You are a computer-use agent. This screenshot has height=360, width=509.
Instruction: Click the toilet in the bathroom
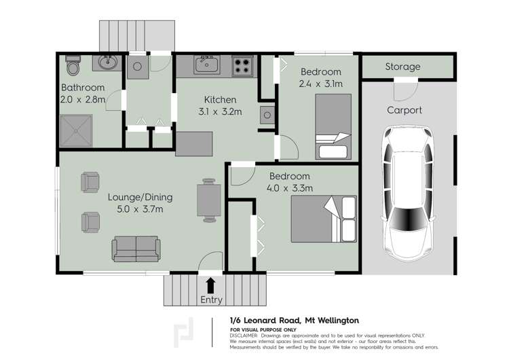click(73, 66)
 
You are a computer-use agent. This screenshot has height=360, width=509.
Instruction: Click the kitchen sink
click(205, 65)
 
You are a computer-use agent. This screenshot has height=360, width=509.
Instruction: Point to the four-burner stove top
click(242, 66)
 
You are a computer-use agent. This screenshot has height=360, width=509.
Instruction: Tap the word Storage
click(402, 67)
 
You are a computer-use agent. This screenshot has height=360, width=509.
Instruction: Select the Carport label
click(404, 110)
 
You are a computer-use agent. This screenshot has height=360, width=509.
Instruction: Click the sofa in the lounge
click(137, 249)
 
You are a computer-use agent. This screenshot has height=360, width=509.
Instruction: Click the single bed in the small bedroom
click(333, 128)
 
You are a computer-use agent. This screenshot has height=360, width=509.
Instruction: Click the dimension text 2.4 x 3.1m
click(320, 84)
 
